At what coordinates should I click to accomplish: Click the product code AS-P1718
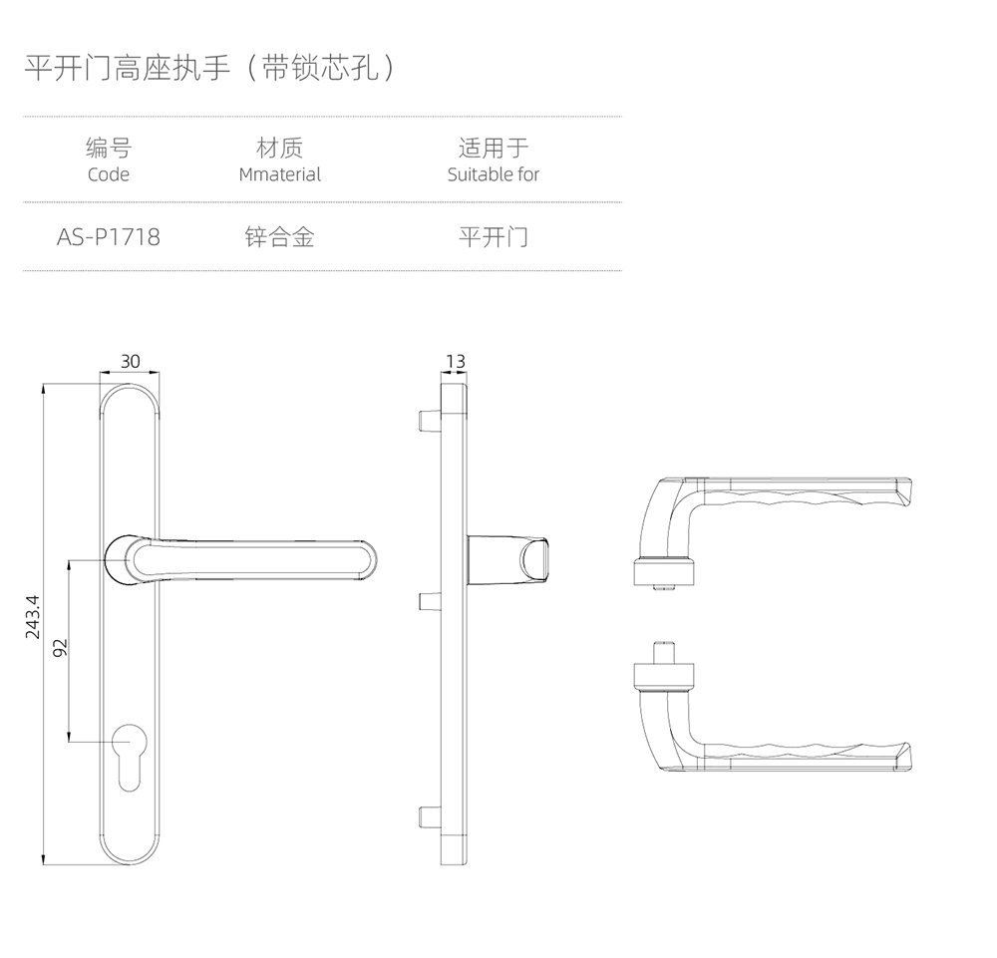coord(108,237)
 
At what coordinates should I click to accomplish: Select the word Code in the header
coord(108,174)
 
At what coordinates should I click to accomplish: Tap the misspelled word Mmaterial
coord(279,174)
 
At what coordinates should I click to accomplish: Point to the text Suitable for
coord(493,174)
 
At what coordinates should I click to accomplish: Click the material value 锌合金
coord(279,237)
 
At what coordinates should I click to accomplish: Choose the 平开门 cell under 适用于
coord(493,237)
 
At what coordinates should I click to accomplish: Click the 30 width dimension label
coord(131,361)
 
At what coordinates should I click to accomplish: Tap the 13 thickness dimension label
coord(456,361)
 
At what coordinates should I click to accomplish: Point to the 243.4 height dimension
coord(32,616)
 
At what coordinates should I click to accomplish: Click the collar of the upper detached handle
coord(664,571)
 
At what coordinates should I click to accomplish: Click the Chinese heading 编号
coord(108,149)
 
